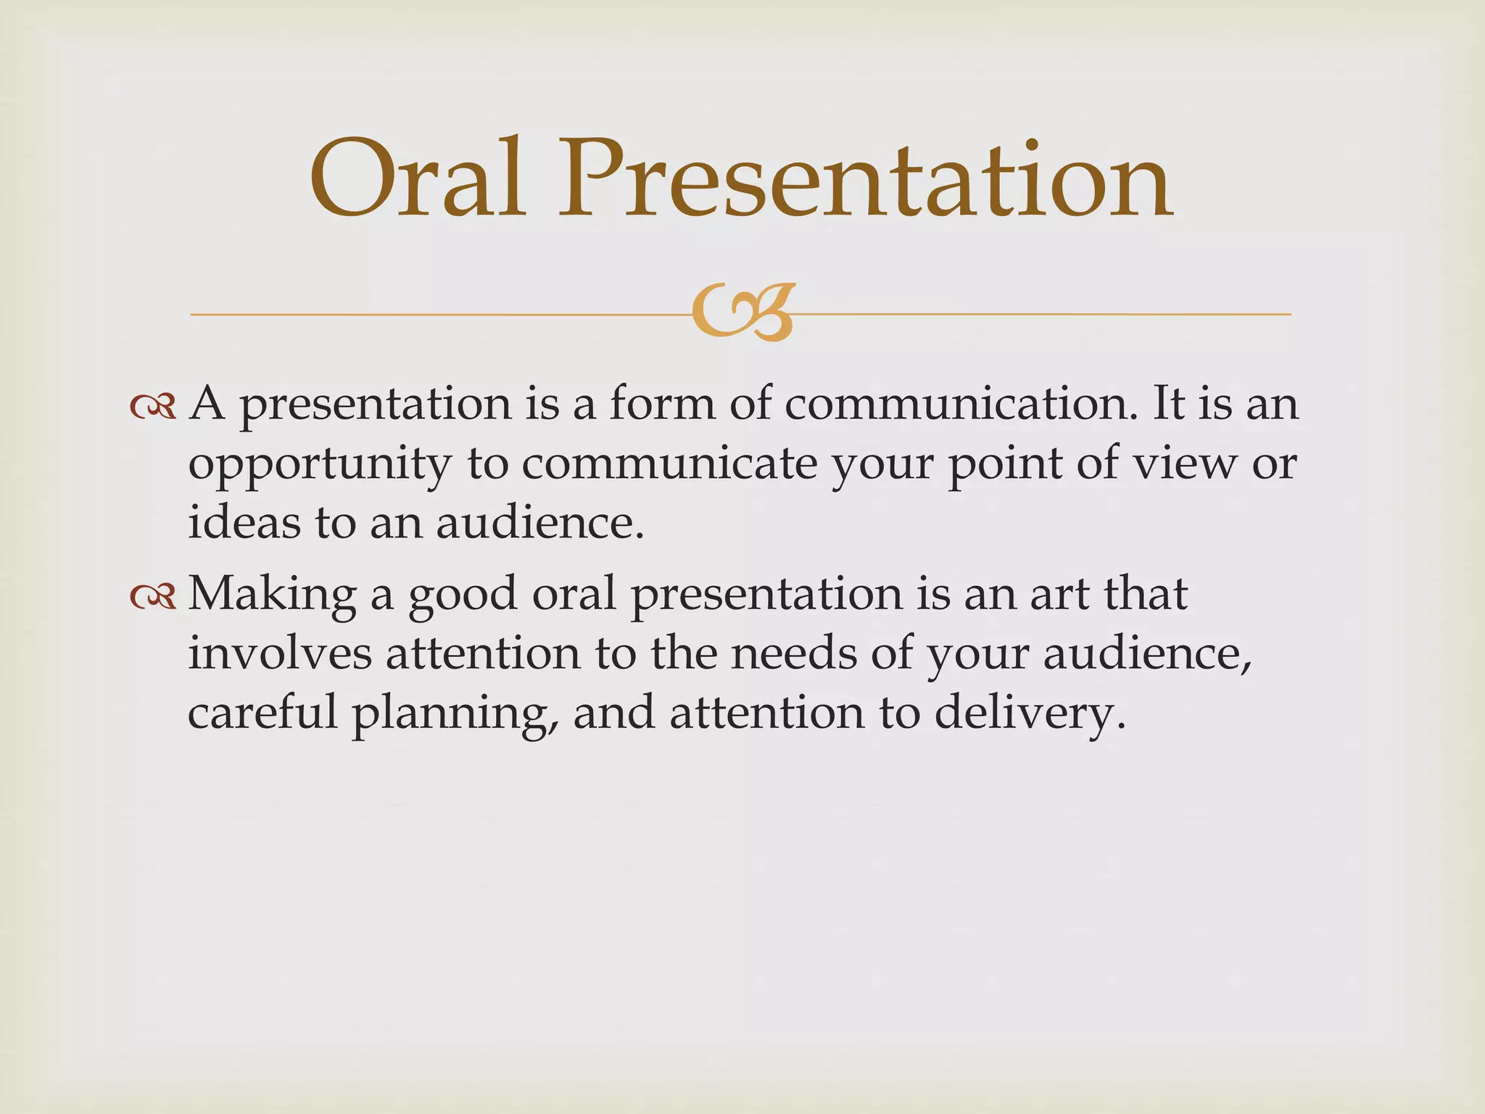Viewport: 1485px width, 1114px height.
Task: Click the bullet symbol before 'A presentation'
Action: click(153, 406)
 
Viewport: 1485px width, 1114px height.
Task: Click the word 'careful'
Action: click(262, 712)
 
